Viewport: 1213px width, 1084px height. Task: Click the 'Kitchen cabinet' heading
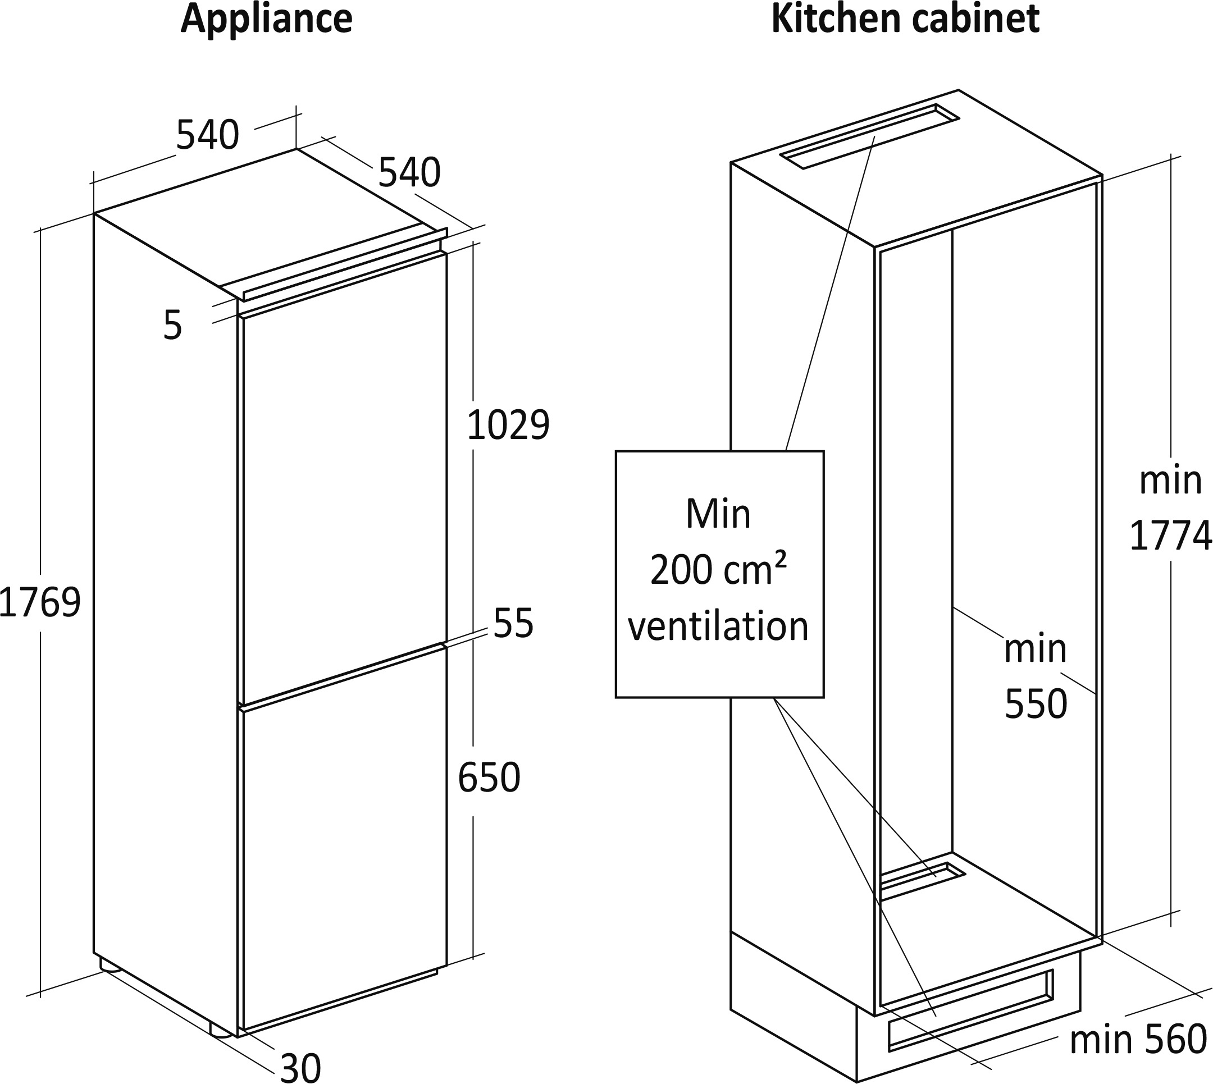click(x=906, y=19)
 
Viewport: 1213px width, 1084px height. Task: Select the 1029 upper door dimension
click(x=508, y=426)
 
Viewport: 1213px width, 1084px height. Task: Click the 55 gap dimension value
click(x=513, y=623)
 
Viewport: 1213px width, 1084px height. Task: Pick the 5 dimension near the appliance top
click(x=172, y=326)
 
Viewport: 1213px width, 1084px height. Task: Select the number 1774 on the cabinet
click(x=1171, y=536)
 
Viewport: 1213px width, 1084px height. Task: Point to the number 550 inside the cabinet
click(x=1036, y=704)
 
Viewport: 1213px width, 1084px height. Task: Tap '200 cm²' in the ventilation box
click(x=718, y=569)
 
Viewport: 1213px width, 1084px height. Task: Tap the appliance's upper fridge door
click(x=343, y=477)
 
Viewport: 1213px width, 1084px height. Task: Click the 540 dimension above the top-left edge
click(x=207, y=135)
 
